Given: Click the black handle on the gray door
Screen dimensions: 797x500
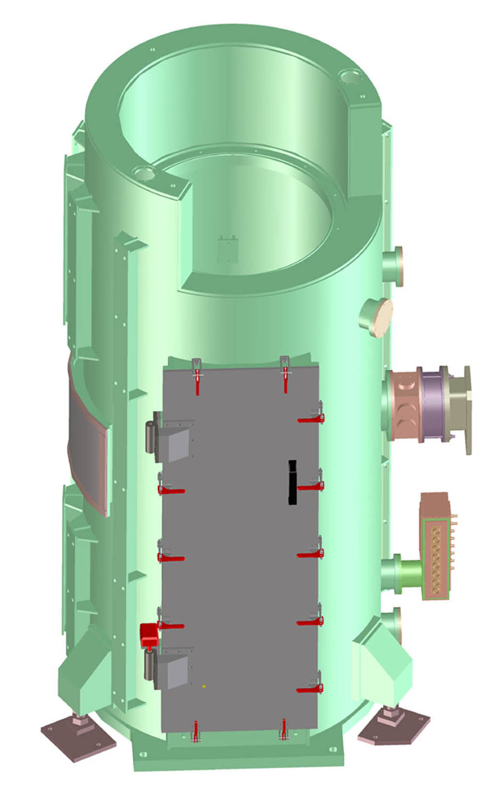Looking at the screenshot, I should (x=292, y=482).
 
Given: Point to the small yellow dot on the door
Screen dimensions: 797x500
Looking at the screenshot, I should (x=204, y=686).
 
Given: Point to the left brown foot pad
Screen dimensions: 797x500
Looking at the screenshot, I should (x=79, y=735).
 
